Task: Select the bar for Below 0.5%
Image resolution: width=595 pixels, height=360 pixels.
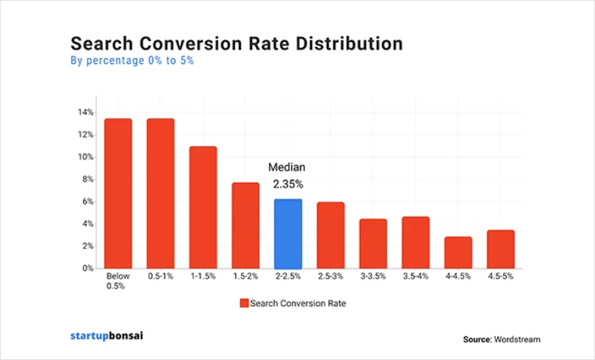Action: pyautogui.click(x=118, y=193)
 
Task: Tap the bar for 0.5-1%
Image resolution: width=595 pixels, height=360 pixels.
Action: pyautogui.click(x=161, y=193)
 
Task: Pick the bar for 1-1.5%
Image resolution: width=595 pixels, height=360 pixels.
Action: pyautogui.click(x=203, y=207)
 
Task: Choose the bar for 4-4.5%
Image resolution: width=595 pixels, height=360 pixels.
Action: pyautogui.click(x=458, y=252)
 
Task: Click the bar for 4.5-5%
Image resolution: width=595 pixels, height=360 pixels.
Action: pyautogui.click(x=500, y=249)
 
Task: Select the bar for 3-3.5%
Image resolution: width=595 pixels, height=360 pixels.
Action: pyautogui.click(x=373, y=243)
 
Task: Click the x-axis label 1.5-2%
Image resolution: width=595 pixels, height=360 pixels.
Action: pyautogui.click(x=245, y=278)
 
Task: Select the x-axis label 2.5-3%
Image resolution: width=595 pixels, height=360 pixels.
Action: pyautogui.click(x=331, y=278)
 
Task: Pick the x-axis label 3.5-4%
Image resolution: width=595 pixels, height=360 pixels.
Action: pyautogui.click(x=416, y=278)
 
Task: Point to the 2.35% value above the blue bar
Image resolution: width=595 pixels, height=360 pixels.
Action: pyautogui.click(x=288, y=184)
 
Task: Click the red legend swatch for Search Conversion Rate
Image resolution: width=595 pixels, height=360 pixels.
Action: pyautogui.click(x=243, y=303)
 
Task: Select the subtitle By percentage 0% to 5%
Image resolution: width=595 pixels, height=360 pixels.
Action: pyautogui.click(x=131, y=61)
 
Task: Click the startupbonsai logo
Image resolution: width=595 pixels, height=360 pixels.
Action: pyautogui.click(x=107, y=336)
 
